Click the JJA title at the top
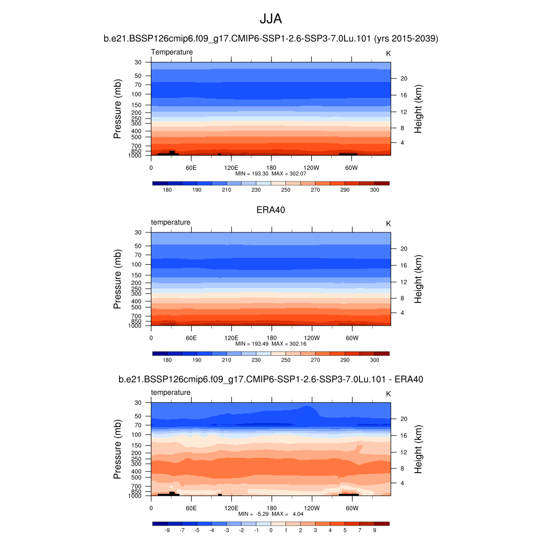[270, 19]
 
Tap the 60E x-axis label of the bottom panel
[191, 508]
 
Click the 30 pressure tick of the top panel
[138, 62]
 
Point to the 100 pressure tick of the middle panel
[136, 265]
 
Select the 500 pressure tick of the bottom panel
[136, 477]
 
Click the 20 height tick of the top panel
[403, 79]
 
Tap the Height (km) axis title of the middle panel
[418, 279]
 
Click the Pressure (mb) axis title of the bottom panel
[118, 449]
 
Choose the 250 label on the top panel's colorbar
[286, 189]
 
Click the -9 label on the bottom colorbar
[167, 530]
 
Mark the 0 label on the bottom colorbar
[271, 530]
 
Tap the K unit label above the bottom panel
[389, 394]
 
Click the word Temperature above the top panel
[172, 52]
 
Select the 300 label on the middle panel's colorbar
[374, 360]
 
